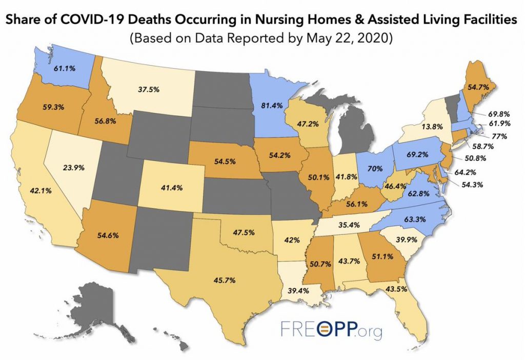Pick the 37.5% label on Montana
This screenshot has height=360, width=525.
pyautogui.click(x=148, y=88)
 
